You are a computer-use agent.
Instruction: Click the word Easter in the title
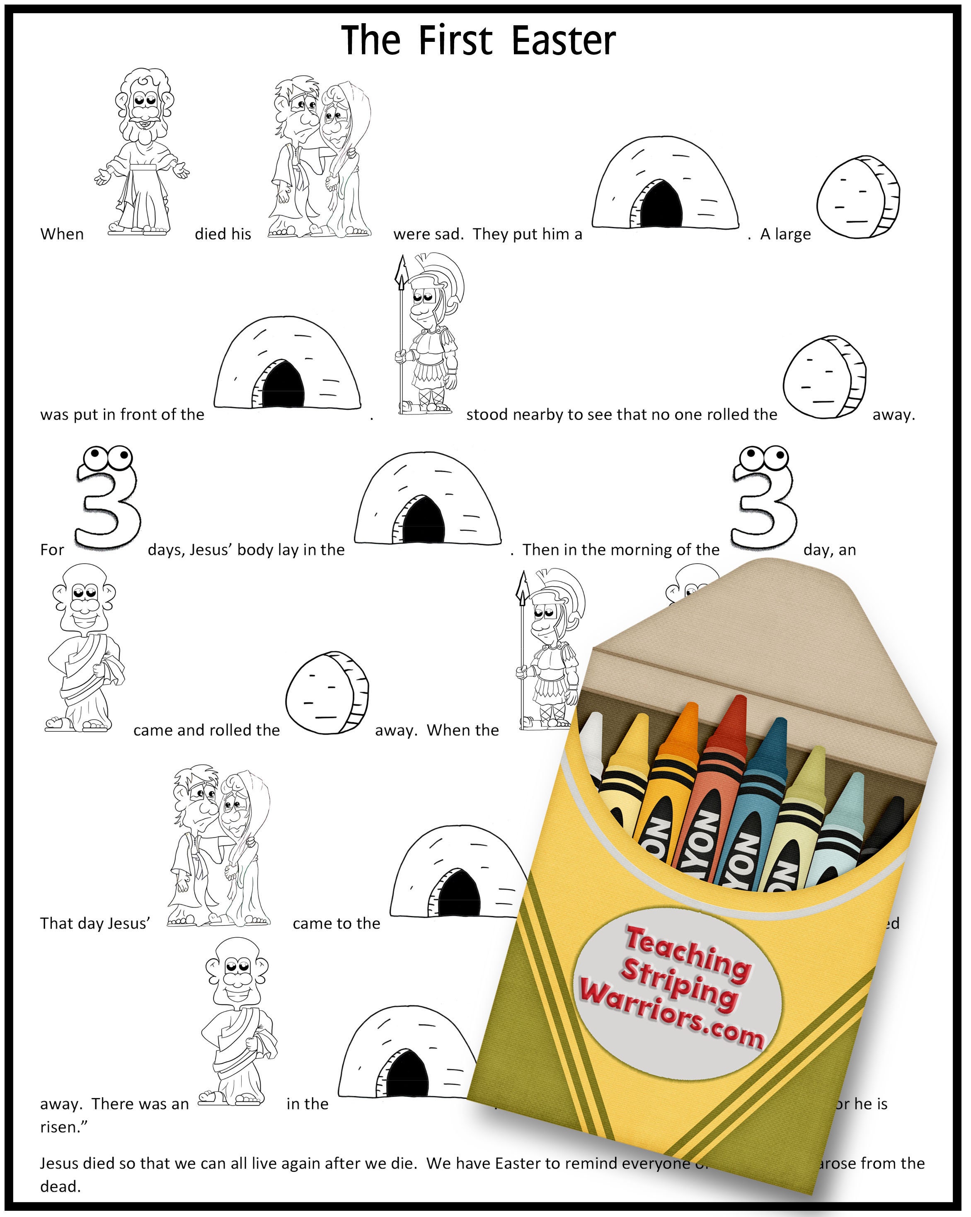tap(563, 41)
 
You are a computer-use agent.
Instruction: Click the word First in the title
tap(455, 41)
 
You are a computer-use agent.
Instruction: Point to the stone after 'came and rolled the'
tap(327, 693)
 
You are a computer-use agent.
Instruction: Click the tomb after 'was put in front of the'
tap(287, 364)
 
